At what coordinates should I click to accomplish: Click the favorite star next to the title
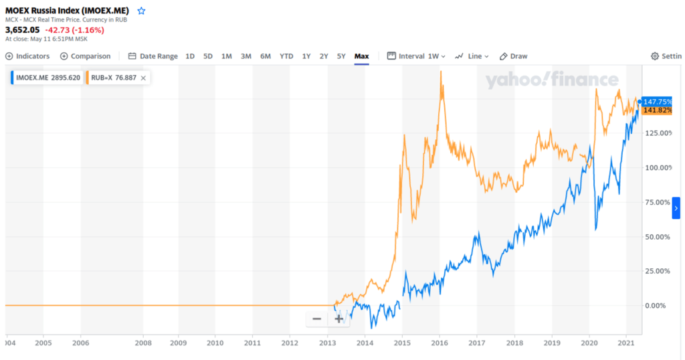(141, 11)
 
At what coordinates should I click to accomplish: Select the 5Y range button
(341, 56)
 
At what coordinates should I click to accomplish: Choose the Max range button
(362, 56)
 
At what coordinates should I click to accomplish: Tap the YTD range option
(286, 56)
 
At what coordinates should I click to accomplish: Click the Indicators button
(27, 56)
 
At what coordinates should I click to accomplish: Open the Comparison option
(86, 56)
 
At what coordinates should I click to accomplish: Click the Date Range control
(153, 56)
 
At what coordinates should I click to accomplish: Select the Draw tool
(514, 56)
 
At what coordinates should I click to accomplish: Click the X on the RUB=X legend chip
(143, 78)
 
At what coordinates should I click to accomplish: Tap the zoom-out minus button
(316, 319)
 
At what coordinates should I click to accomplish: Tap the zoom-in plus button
(339, 319)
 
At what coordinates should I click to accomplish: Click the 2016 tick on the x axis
(439, 343)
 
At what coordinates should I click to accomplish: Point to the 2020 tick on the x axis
(589, 343)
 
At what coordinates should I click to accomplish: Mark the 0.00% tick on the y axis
(658, 306)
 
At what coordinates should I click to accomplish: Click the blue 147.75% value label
(656, 102)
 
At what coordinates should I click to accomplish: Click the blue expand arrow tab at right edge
(676, 209)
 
